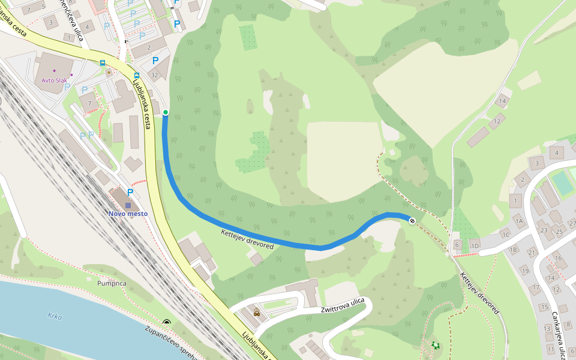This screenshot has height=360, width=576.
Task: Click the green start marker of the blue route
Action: pos(165,112)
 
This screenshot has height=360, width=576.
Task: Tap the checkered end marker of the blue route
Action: pos(412,221)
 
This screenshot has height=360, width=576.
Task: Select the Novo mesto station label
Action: pos(128,214)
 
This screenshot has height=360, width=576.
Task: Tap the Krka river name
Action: pos(55,316)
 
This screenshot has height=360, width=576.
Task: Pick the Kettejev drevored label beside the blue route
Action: pos(247,239)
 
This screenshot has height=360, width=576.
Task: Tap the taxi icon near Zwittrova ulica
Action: pos(257,312)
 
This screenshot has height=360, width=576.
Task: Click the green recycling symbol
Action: pos(434,345)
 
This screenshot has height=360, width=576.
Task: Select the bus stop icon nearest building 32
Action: pos(137,76)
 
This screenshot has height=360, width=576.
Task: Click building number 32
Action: pos(154,75)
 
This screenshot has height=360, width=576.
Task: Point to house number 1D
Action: pos(475,246)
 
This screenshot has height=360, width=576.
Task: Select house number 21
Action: pos(532,253)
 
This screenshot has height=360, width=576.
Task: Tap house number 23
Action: pos(544,230)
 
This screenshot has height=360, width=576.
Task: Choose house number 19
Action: pos(525,271)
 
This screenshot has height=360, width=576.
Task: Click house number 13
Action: pos(547,328)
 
